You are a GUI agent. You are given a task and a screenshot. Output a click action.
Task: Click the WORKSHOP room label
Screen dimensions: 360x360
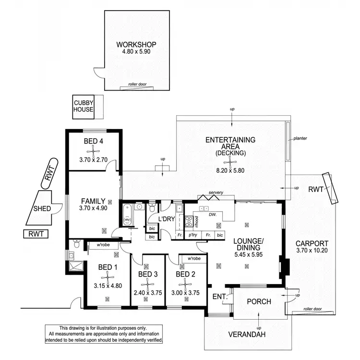point(137,46)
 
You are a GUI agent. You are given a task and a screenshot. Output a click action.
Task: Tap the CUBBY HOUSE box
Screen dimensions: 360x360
point(84,106)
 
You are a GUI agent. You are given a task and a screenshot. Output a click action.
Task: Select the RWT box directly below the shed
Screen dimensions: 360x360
point(36,234)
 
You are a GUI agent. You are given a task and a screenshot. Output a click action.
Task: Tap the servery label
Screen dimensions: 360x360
point(216,193)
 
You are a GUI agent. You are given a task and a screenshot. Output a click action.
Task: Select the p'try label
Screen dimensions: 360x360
point(193,235)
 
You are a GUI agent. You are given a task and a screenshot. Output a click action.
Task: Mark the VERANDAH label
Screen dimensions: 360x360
point(259,335)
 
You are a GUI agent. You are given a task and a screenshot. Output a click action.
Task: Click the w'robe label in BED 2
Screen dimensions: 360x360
point(193,259)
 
